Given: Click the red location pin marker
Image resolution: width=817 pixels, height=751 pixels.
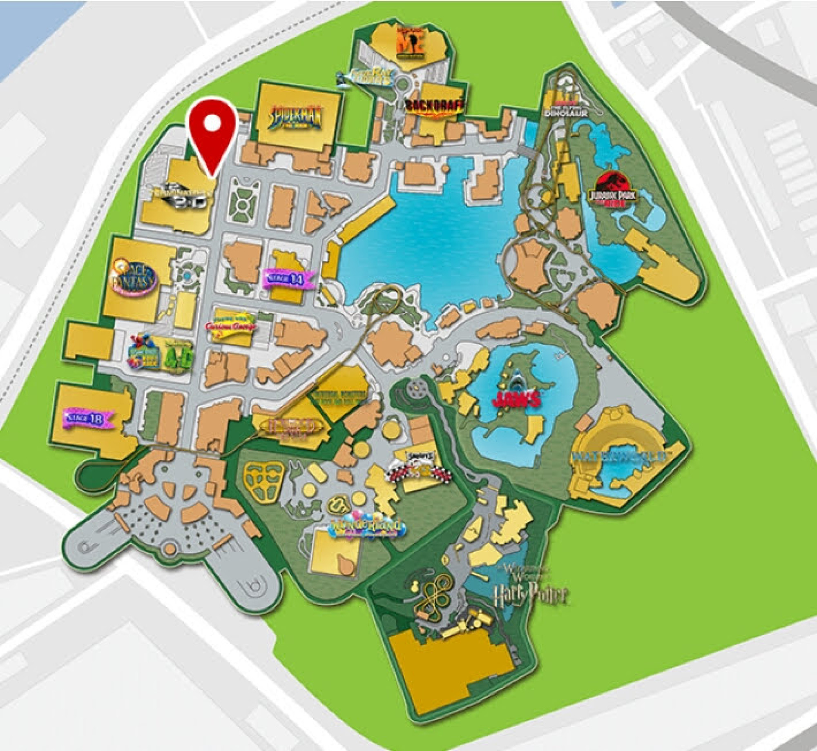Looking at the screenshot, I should click(x=213, y=135).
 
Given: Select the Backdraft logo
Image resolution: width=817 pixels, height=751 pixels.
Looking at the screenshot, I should click(x=435, y=107).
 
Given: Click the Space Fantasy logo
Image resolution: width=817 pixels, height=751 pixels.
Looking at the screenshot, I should click(x=134, y=277).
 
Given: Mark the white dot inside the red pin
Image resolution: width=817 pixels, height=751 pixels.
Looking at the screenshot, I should click(x=213, y=123).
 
